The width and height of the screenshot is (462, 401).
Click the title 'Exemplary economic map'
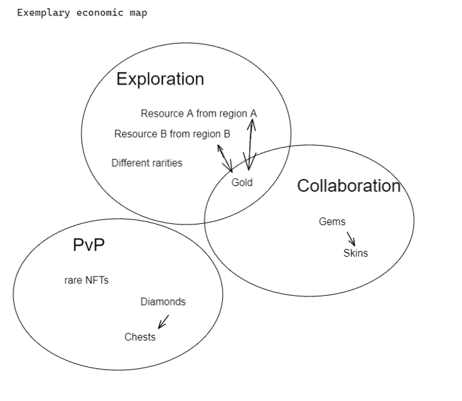[82, 13]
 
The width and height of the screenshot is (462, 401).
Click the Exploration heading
[160, 79]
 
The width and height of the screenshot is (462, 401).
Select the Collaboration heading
[349, 185]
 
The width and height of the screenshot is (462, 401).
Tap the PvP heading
[89, 245]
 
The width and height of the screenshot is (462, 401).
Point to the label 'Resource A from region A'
[199, 114]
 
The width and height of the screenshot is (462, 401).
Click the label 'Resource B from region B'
[172, 133]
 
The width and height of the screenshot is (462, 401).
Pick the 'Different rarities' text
[147, 163]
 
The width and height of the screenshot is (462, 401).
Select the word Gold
[242, 182]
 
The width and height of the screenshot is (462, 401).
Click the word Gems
[332, 221]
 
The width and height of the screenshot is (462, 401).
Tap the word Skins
[355, 253]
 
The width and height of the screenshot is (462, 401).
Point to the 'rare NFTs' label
[87, 280]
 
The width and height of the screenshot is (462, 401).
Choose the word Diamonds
[163, 302]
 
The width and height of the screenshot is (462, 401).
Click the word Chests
[140, 337]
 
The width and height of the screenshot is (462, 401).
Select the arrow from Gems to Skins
[351, 239]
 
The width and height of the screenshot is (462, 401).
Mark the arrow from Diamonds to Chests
[164, 321]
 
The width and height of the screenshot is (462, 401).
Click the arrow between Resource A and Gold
[250, 144]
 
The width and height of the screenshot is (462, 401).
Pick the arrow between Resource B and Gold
[225, 158]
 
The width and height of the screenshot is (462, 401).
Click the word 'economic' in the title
[99, 13]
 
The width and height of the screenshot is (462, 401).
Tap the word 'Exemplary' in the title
[44, 13]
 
